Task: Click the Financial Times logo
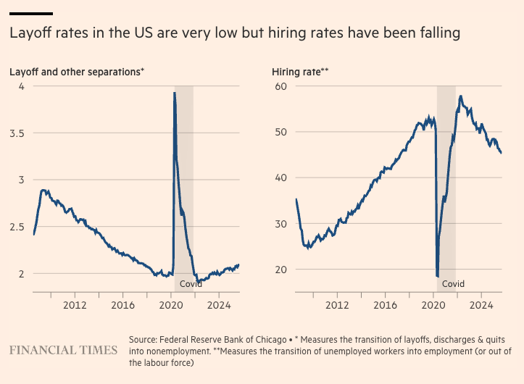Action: tap(63, 350)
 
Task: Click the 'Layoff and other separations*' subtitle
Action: tap(76, 71)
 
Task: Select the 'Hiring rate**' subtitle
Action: tap(300, 71)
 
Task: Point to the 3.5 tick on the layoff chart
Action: tap(16, 133)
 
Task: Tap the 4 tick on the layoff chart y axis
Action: tap(21, 86)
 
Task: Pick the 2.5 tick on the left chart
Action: tap(16, 227)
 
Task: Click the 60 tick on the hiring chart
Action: tap(282, 86)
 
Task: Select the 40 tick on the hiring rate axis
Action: tap(282, 178)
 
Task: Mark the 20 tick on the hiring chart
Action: tap(282, 270)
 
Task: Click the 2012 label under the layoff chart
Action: tap(75, 305)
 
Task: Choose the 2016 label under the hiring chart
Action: tap(385, 305)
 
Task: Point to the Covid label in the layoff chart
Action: tap(191, 283)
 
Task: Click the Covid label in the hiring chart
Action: tap(453, 283)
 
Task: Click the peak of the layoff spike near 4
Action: tap(174, 93)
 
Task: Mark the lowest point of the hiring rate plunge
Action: tap(438, 276)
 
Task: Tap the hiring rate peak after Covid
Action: tap(461, 96)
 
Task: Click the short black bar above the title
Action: tap(30, 13)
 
